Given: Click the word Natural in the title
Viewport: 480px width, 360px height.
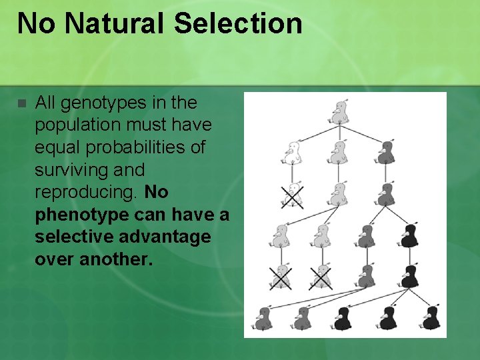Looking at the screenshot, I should pos(115,23).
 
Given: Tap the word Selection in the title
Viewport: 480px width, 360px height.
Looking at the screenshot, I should pos(238,23).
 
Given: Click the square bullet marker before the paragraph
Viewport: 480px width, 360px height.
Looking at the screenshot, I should pos(21,104).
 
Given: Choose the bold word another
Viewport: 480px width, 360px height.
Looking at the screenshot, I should pos(116,259).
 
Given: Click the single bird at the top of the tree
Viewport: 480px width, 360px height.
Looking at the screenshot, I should pos(341,113).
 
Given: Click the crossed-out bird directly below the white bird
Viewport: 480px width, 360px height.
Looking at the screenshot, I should pos(291,195).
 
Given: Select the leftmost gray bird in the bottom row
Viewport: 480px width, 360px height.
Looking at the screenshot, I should pos(263,319).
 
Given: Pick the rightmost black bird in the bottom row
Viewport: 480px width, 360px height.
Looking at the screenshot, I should pos(431,319).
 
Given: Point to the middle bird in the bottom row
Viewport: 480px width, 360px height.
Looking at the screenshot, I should pos(343,319).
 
